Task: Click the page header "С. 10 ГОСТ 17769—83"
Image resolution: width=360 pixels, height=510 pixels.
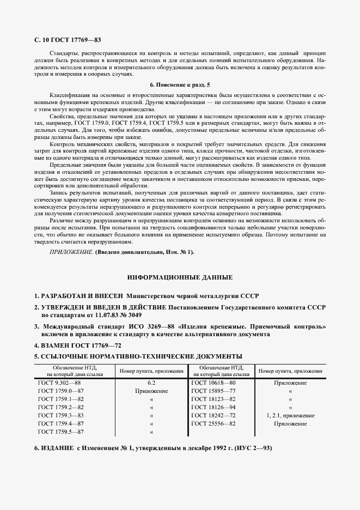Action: coord(68,40)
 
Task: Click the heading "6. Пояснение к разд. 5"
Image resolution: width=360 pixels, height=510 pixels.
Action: coord(179,85)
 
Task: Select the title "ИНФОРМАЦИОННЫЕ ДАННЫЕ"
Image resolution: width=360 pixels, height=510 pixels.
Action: coord(180,277)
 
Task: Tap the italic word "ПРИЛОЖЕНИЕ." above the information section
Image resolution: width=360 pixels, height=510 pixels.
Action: coord(71,252)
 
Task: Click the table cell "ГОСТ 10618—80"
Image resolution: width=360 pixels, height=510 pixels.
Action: coord(213,383)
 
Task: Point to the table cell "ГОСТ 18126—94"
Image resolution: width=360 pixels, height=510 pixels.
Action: coord(213,407)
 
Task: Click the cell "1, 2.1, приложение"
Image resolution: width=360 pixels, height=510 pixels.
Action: coord(290,415)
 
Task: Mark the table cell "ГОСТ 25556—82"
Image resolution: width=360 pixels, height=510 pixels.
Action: coord(213,423)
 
